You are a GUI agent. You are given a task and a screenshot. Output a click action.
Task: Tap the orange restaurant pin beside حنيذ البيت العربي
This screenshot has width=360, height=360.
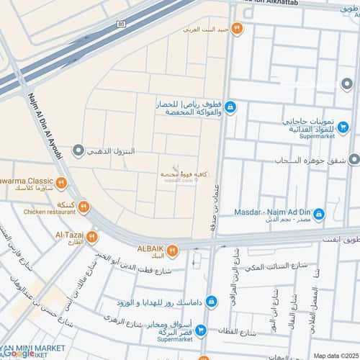tap(236, 29)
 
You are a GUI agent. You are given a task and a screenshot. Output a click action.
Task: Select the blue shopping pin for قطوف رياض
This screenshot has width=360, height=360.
tap(230, 108)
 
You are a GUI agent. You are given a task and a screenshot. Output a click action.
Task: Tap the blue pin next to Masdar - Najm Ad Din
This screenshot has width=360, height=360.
tap(319, 214)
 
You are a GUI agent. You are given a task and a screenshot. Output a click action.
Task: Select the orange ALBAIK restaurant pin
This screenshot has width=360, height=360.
tap(173, 251)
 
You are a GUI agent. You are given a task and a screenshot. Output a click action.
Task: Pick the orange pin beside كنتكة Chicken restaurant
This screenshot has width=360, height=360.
tap(84, 207)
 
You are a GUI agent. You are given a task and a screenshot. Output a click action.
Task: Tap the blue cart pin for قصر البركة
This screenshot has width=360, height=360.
tap(202, 330)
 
